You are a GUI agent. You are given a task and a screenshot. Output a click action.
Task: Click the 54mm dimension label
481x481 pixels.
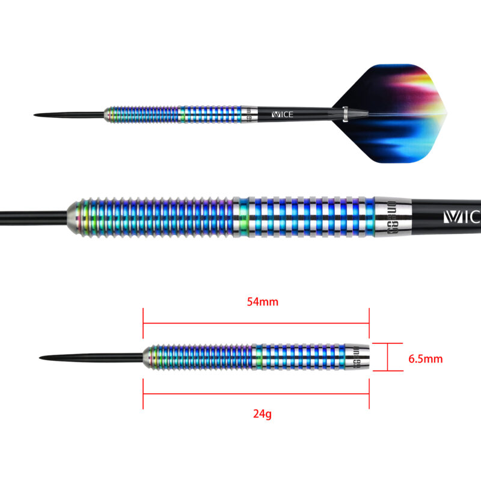(x=263, y=302)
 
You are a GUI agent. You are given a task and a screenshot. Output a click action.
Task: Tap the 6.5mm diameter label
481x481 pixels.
(x=425, y=359)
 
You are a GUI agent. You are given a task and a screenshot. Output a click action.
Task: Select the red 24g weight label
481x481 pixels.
(x=263, y=414)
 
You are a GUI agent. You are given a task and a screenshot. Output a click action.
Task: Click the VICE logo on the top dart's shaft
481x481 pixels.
(x=282, y=114)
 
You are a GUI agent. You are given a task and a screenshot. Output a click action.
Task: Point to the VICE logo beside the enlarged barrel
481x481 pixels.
(x=461, y=216)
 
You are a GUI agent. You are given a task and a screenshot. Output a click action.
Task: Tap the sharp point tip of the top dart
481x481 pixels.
(x=36, y=114)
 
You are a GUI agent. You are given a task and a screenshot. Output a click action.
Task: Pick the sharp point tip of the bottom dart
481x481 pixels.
(x=41, y=359)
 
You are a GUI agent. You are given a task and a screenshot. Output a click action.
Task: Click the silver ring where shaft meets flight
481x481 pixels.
(x=345, y=114)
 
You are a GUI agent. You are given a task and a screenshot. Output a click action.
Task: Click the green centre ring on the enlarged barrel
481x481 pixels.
(x=243, y=216)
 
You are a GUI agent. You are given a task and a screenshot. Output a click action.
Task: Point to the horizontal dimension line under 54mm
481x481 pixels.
(x=256, y=323)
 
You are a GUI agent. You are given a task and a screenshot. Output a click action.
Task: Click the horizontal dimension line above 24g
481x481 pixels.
(x=256, y=395)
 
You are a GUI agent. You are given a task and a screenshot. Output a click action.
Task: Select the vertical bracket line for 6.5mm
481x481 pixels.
(x=388, y=358)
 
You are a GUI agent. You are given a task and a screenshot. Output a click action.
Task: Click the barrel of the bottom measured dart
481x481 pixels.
(x=240, y=358)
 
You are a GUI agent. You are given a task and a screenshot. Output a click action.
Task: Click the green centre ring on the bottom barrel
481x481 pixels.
(x=258, y=358)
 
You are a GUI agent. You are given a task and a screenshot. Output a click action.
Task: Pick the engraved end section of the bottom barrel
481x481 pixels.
(x=358, y=358)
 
